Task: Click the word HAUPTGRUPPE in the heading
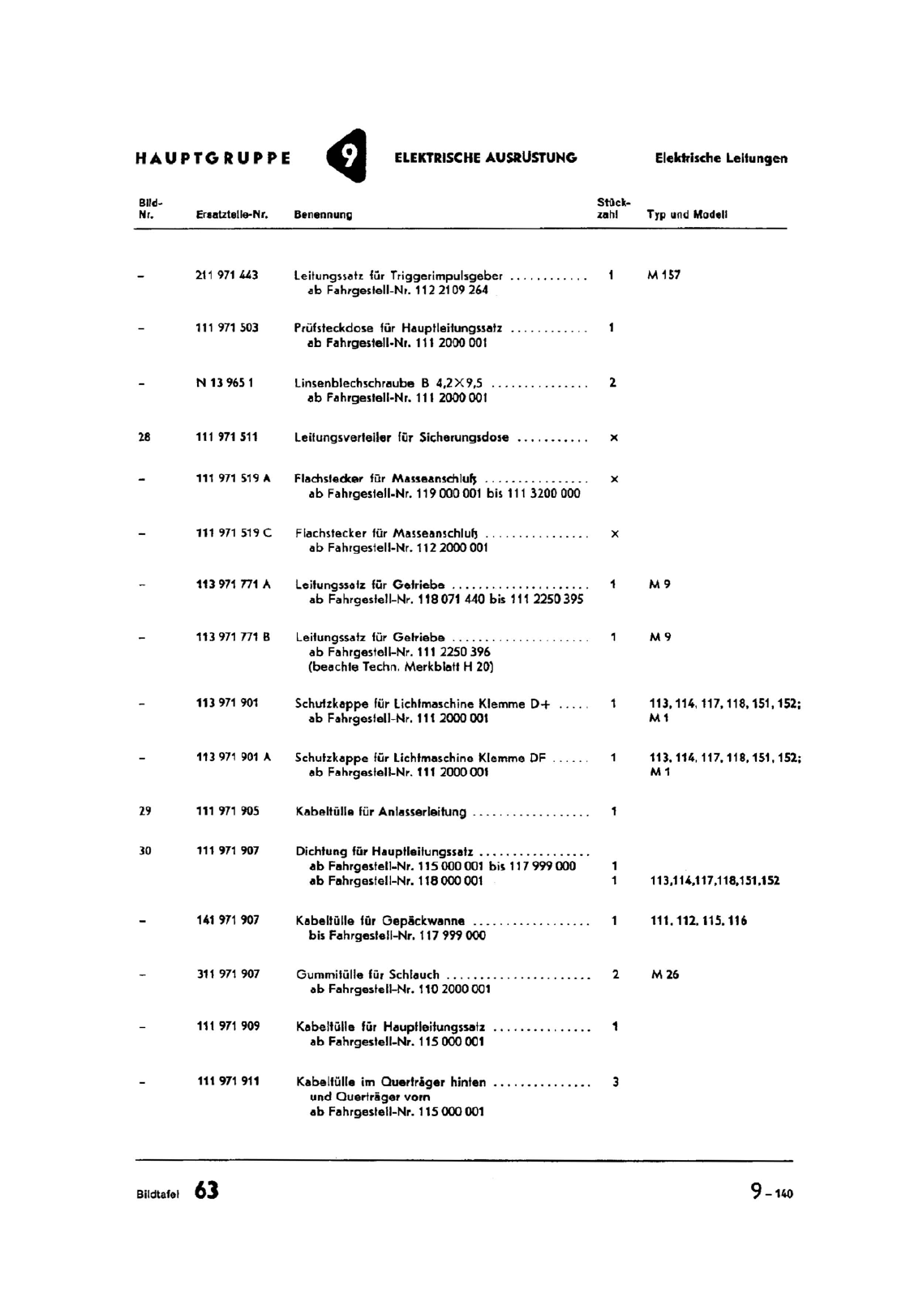213,158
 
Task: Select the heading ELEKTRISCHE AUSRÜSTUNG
485,158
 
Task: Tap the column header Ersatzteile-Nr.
232,215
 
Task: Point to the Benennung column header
323,215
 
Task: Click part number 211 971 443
227,275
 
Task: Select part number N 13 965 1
225,383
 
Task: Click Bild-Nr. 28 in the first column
144,437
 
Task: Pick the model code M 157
663,275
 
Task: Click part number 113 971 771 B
234,637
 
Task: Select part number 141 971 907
228,920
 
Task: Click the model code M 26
665,974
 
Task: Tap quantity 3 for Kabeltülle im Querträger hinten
616,1081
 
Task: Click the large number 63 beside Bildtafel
207,1191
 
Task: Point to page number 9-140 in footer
771,1192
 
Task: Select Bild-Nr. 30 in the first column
145,850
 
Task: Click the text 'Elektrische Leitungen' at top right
721,159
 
